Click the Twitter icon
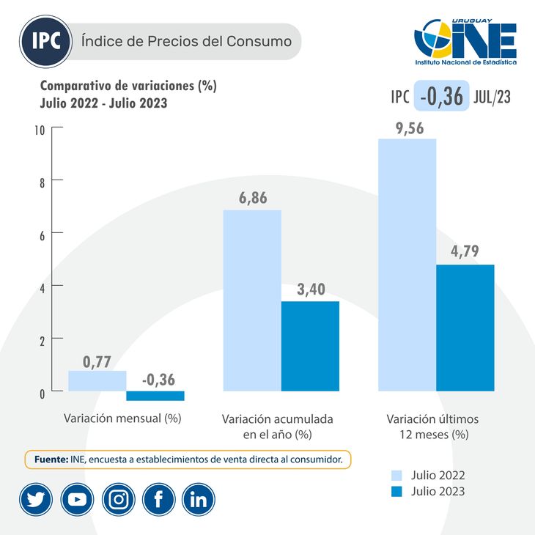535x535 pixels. coord(35,499)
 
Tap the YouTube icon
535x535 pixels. coord(76,499)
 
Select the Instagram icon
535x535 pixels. coord(118,499)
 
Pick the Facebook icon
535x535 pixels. coord(158,499)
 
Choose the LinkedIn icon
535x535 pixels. coord(198,499)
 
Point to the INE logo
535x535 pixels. coord(465,43)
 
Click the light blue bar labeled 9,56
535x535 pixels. coord(407,264)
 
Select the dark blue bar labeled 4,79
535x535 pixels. coord(465,327)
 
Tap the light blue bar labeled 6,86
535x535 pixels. coord(251,300)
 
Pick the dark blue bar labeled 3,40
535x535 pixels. coord(310,345)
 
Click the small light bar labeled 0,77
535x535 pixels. coord(97,380)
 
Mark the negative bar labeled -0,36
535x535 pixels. coord(155,396)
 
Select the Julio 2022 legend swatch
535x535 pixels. coord(397,476)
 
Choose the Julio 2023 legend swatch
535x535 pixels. coord(397,492)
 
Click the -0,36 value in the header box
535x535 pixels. coord(441,96)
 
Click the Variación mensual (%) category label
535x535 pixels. coord(122,419)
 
